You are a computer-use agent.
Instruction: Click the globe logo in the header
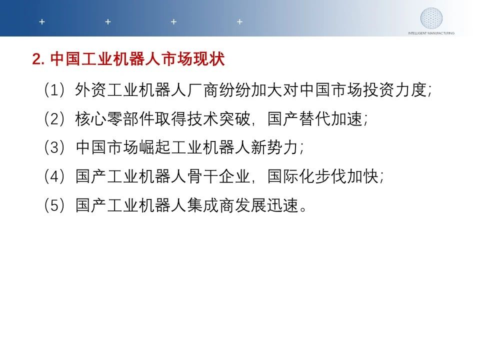[431, 18]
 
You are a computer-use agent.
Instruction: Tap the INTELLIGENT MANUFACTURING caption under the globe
[431, 33]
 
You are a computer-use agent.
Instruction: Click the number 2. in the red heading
[38, 59]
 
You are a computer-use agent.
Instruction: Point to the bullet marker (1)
[54, 90]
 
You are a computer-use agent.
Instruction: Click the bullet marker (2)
[54, 119]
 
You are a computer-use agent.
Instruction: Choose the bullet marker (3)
[54, 147]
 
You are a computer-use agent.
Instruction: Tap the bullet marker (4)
[54, 176]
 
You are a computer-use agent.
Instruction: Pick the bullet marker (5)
[54, 205]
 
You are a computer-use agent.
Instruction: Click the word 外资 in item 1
[90, 90]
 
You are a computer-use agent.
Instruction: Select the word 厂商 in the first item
[202, 90]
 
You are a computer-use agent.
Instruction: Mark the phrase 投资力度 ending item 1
[395, 90]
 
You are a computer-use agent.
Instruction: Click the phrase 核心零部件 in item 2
[115, 119]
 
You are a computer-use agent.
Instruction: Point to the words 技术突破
[219, 119]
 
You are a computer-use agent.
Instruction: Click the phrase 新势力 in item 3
[274, 147]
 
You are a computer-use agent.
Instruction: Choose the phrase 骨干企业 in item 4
[219, 176]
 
